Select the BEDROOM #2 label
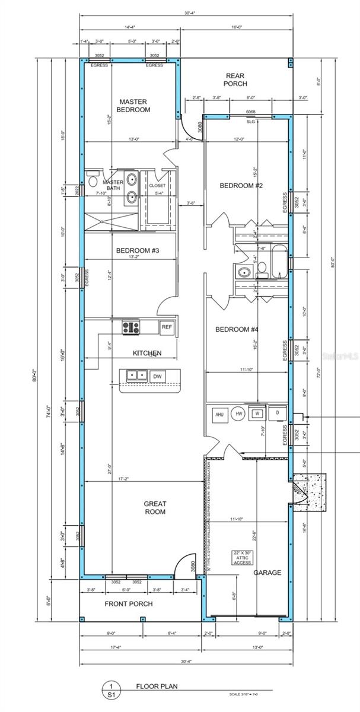pos(241,186)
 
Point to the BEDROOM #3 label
pos(137,250)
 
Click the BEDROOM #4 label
pos(236,329)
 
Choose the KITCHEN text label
pos(146,353)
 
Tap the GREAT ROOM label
pos(155,507)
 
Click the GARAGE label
pos(267,573)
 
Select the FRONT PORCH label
pos(129,604)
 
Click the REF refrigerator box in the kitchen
pos(167,326)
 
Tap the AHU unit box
pos(218,414)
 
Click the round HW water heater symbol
pos(239,414)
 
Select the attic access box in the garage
pos(243,558)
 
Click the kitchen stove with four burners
pos(131,326)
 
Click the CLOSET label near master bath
pos(157,185)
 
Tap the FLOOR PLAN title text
pos(157,686)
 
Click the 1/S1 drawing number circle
pos(110,689)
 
